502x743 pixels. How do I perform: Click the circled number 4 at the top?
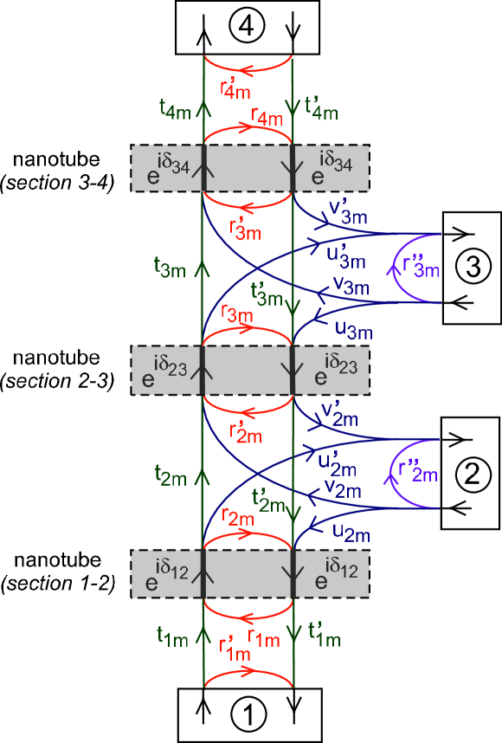247,28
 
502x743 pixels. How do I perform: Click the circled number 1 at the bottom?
248,715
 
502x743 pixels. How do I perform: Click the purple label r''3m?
419,265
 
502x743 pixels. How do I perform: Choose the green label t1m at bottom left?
171,636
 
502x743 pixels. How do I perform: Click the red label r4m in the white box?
266,113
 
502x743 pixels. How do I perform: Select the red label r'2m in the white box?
244,431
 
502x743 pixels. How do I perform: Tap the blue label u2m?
351,528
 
